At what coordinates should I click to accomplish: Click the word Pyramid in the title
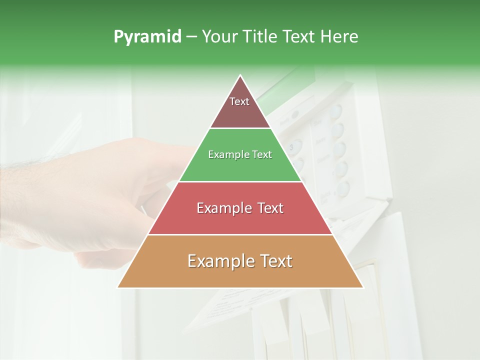tap(147, 37)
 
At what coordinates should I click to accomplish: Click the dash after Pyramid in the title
tap(191, 37)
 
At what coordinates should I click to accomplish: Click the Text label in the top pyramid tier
tap(239, 101)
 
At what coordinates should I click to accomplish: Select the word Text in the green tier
tap(261, 155)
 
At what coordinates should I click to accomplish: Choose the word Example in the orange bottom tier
tap(218, 261)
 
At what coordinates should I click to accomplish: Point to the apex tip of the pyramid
tap(240, 76)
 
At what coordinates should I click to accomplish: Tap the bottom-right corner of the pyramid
tap(362, 287)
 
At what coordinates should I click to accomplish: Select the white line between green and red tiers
tap(240, 181)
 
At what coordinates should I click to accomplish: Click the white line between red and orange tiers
tap(240, 234)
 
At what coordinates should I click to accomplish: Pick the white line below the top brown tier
tap(240, 128)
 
